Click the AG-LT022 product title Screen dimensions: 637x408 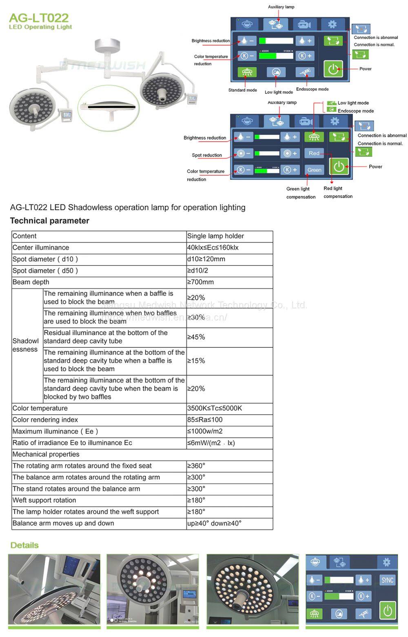(39, 18)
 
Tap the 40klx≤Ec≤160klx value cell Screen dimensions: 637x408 (213, 248)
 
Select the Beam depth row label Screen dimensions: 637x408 (31, 282)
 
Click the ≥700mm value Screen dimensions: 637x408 (200, 282)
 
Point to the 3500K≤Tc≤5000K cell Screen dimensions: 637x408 (215, 408)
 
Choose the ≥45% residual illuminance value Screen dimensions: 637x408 (196, 337)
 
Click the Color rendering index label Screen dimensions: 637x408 (45, 420)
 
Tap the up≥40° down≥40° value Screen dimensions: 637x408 (214, 523)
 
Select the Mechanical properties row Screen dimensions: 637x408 (46, 455)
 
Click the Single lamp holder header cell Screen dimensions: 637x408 (215, 236)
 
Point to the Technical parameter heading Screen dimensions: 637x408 (49, 221)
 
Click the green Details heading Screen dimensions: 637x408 (24, 545)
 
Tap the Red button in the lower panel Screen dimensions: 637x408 (314, 154)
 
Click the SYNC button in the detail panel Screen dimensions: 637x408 (387, 580)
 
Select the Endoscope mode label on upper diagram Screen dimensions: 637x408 (312, 89)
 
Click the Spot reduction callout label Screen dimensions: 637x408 (207, 155)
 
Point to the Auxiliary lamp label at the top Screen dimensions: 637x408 (281, 7)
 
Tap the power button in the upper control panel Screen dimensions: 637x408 (333, 68)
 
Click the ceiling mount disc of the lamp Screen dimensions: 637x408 (107, 44)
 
